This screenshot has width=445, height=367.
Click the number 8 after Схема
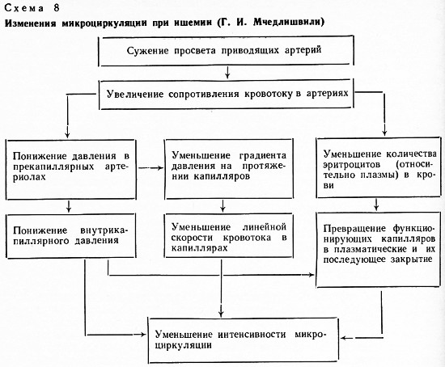[56, 7]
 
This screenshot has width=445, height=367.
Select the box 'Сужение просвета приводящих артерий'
[226, 51]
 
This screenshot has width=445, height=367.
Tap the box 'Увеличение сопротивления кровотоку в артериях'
[227, 94]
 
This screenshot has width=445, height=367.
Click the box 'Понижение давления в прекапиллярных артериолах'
[71, 169]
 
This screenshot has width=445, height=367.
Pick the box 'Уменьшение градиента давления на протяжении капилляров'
[229, 169]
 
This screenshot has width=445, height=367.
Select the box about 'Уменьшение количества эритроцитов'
[379, 167]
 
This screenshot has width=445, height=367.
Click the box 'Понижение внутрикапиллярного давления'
[71, 236]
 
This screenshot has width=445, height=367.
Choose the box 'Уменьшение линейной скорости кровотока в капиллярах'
[229, 235]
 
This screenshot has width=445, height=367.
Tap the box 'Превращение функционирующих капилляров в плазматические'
[379, 250]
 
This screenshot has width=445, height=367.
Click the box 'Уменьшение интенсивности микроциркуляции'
[244, 340]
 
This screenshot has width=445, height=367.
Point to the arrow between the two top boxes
[227, 73]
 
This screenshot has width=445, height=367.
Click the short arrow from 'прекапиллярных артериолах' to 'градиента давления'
[150, 168]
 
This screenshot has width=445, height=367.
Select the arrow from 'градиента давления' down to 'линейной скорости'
[222, 206]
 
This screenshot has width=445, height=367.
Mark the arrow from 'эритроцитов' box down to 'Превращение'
[376, 205]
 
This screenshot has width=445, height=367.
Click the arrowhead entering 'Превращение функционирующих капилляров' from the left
[311, 275]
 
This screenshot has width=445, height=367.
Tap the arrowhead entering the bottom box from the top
[221, 314]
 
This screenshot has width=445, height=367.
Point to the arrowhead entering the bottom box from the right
[343, 338]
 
